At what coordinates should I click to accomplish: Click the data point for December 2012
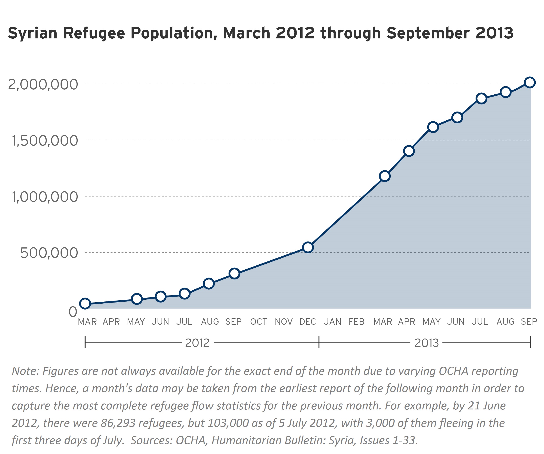(308, 247)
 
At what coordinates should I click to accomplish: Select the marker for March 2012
(85, 303)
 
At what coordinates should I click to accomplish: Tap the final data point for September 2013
(530, 83)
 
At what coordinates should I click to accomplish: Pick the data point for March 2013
(385, 176)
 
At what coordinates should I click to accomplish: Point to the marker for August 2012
(209, 283)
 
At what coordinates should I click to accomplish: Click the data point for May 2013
(433, 127)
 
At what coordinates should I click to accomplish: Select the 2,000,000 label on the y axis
(43, 85)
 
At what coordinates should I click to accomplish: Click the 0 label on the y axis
(73, 312)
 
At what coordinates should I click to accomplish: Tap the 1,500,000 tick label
(45, 141)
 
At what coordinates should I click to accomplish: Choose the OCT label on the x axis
(259, 322)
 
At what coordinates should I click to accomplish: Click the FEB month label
(356, 322)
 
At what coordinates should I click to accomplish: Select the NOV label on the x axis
(284, 322)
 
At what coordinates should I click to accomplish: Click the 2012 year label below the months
(197, 343)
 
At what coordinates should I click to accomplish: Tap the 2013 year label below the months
(426, 343)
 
